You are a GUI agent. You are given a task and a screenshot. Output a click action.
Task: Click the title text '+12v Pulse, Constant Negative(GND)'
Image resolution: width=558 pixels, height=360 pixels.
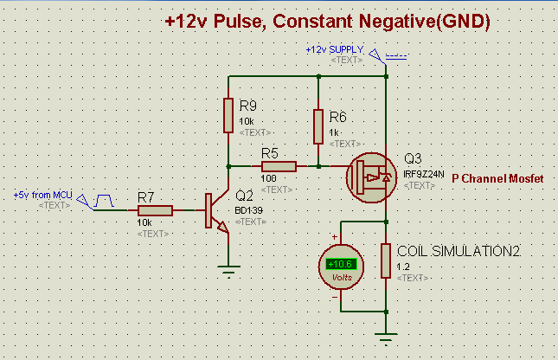point(328,22)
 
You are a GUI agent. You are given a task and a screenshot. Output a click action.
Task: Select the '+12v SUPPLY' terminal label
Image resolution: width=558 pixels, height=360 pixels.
point(334,50)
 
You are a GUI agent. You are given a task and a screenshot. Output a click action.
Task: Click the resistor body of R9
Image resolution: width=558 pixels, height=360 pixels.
point(228,114)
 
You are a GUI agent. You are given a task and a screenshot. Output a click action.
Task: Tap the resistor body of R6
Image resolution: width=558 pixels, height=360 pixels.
point(318,126)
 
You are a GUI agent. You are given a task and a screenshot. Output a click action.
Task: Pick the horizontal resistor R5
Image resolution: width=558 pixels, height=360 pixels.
point(279,165)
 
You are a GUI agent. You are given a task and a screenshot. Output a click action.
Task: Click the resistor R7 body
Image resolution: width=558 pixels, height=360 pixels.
point(156,210)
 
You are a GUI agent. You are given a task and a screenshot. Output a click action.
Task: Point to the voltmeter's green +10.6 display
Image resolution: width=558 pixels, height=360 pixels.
point(338,265)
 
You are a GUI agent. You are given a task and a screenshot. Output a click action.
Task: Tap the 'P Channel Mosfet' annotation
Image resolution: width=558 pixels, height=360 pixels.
point(497,178)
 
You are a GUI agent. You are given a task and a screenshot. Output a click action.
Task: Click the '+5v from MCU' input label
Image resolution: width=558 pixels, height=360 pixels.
point(42,195)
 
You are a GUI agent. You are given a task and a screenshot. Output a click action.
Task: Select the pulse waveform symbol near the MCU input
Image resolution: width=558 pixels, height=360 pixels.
point(105,201)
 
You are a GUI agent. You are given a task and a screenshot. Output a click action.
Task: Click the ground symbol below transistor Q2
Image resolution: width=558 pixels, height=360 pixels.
point(228,271)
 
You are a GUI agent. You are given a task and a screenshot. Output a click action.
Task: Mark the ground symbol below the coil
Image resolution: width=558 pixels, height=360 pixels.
point(386,339)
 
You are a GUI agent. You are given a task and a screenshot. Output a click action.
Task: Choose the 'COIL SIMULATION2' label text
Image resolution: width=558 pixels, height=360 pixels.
point(458,250)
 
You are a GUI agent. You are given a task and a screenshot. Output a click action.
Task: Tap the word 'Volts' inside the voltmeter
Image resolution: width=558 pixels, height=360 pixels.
point(338,277)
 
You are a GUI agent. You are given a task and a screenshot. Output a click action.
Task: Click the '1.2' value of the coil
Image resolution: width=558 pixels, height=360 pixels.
point(402,267)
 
